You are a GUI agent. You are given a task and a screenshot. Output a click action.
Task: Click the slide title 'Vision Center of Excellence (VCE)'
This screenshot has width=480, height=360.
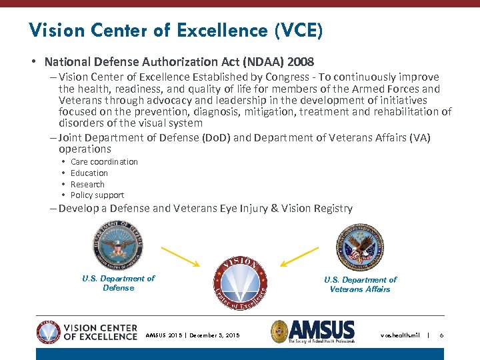pos(176,30)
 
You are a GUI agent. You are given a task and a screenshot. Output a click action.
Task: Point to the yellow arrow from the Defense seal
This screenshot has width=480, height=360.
pos(181,256)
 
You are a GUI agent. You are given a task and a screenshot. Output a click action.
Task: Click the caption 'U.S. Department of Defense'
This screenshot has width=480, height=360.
pos(118,283)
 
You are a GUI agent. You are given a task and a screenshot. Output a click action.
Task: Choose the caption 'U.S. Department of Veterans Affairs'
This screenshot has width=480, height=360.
pos(360,285)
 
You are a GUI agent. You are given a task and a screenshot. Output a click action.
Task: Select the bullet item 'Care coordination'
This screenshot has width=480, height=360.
pos(104,162)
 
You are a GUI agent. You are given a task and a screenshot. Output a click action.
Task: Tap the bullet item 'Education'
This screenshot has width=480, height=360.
pos(89,173)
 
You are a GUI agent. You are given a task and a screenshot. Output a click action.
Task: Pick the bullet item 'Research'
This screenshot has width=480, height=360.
pos(87,185)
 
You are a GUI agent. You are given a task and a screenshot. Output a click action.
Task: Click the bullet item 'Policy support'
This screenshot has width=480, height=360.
pos(97,195)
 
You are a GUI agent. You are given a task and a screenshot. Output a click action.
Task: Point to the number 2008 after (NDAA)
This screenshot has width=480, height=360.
pos(300,62)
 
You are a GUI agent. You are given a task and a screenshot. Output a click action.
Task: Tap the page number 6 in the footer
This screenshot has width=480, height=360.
pos(441,335)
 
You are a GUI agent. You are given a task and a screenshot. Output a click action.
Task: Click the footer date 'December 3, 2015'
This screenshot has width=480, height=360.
pos(214,335)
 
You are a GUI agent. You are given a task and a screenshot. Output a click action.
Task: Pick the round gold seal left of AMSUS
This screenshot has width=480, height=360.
pos(279,331)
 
